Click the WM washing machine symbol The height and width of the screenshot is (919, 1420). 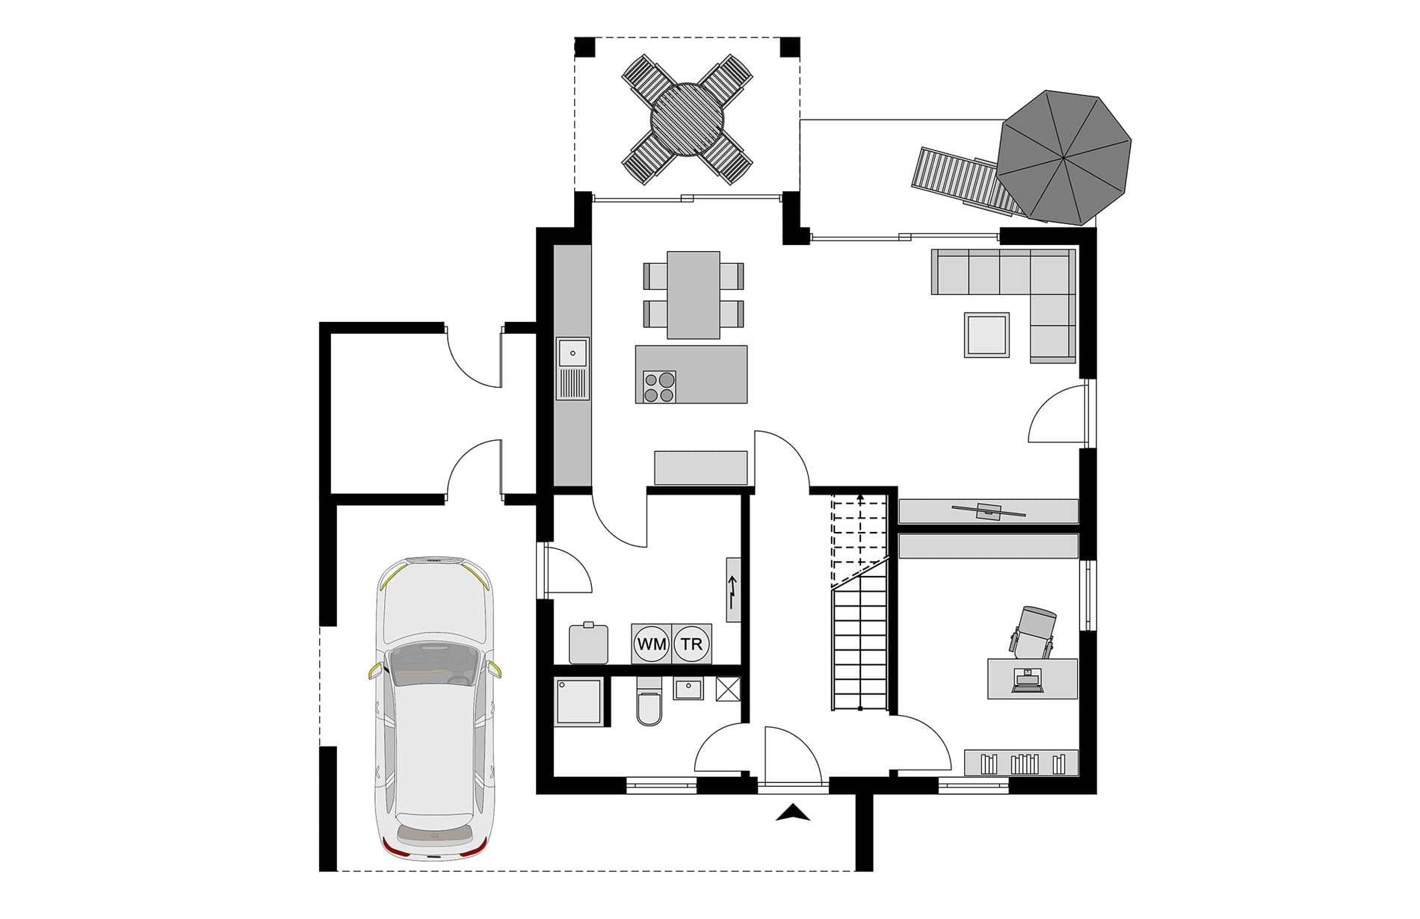pos(652,643)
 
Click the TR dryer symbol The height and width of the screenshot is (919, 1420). pos(692,643)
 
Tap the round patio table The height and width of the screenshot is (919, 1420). pos(688,120)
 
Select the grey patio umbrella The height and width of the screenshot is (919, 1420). pos(1064,157)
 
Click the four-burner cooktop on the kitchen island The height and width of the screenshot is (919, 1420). pos(659,387)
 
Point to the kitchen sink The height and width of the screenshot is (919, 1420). pos(572,368)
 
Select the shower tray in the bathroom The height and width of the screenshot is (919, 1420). pos(578,701)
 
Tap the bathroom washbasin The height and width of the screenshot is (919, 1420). pos(688,688)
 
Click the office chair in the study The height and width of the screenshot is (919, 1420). pos(1034,631)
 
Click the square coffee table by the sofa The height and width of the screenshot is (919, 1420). pos(987,335)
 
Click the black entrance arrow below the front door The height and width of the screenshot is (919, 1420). pos(792,813)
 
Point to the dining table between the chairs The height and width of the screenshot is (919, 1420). pos(694,294)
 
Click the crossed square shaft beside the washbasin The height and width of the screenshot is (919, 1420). pos(727,688)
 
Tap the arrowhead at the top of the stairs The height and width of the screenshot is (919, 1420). pos(861,496)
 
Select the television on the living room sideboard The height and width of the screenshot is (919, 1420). pos(988,511)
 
